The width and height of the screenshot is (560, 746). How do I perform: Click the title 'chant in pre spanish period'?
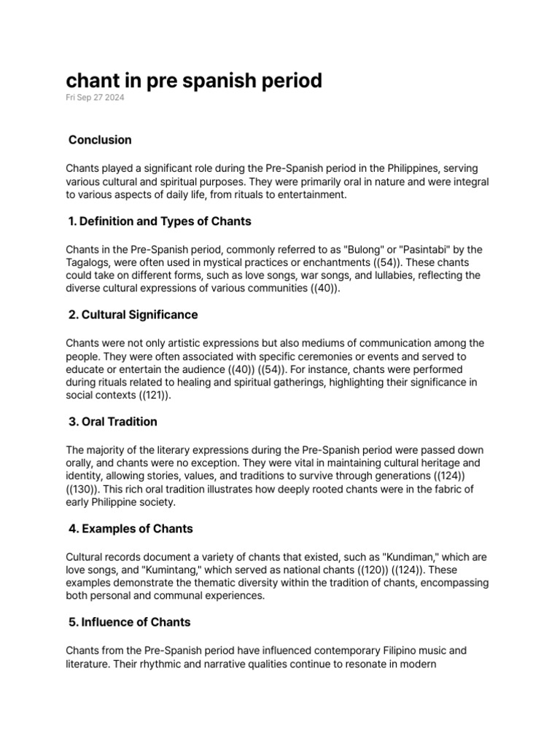194,80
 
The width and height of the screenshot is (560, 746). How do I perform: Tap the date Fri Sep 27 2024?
95,98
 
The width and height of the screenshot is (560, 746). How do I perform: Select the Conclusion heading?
100,139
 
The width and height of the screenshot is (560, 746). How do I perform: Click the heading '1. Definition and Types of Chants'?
159,221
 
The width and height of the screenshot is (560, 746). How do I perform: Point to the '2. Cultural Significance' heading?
132,315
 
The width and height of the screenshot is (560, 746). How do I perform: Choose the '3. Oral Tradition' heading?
112,421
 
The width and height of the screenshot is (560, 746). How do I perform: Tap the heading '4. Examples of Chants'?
130,528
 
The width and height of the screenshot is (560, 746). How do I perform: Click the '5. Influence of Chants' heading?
128,622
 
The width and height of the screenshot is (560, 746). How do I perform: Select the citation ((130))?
83,490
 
